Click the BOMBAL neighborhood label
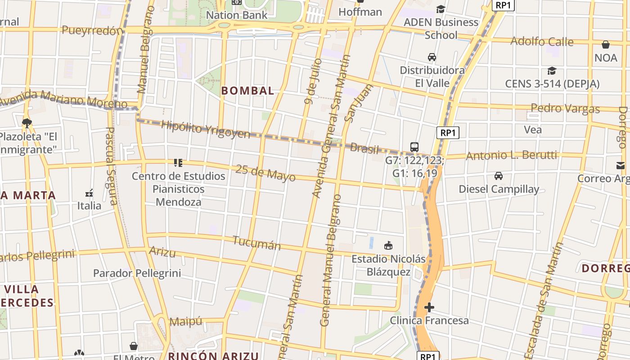(x=247, y=90)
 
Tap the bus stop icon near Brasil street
(x=414, y=147)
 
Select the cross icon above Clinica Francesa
(x=429, y=307)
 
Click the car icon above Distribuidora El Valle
(x=432, y=57)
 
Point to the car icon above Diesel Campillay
(x=498, y=175)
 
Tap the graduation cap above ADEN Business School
(x=441, y=9)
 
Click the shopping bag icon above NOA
(x=606, y=45)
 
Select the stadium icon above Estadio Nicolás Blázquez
(x=388, y=245)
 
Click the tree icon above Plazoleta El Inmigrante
(x=27, y=122)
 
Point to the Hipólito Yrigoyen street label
(x=205, y=130)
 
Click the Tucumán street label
(x=256, y=243)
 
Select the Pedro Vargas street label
(x=565, y=108)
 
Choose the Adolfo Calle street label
(x=542, y=42)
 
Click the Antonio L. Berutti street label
(x=512, y=156)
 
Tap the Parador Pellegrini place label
(x=137, y=273)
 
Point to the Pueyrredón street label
(x=92, y=31)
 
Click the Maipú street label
(x=186, y=322)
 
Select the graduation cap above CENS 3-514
(x=552, y=71)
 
